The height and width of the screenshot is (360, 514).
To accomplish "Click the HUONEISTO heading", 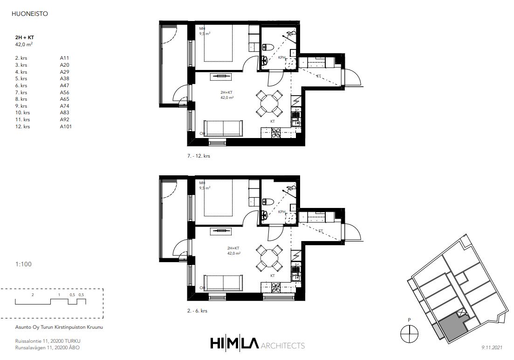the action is pyautogui.click(x=29, y=14).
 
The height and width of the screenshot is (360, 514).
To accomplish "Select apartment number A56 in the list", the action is pyautogui.click(x=65, y=92).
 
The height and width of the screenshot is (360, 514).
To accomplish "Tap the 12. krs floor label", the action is pyautogui.click(x=23, y=126).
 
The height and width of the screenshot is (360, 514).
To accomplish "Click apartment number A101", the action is pyautogui.click(x=66, y=126).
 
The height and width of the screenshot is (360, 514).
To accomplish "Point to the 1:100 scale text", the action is pyautogui.click(x=24, y=264).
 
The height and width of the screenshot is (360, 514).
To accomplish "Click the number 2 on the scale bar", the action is pyautogui.click(x=33, y=295).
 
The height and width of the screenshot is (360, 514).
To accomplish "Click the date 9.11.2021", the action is pyautogui.click(x=492, y=347).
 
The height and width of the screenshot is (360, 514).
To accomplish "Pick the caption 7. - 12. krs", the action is pyautogui.click(x=199, y=156).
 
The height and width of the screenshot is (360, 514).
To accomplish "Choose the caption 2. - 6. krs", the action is pyautogui.click(x=197, y=311).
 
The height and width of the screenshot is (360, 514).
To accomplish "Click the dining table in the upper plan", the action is pyautogui.click(x=269, y=104).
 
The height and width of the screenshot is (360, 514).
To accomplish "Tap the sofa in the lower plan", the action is pyautogui.click(x=223, y=283).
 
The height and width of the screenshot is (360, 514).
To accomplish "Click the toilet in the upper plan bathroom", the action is pyautogui.click(x=267, y=47).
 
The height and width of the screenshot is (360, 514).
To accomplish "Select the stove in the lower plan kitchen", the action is pyautogui.click(x=276, y=287).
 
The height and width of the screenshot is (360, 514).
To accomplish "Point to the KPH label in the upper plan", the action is pyautogui.click(x=281, y=57).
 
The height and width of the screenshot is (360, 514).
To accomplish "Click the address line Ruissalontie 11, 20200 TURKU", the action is pyautogui.click(x=48, y=341).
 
